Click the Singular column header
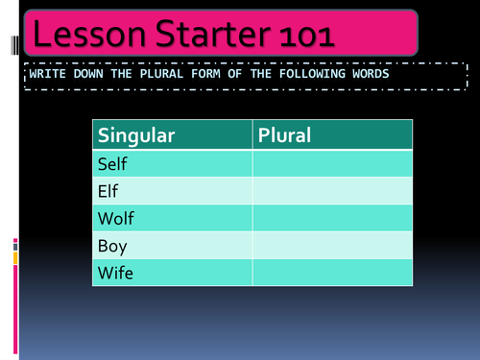136,135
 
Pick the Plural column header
284,135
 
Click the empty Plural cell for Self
332,164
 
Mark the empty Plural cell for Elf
332,191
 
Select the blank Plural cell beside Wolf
332,219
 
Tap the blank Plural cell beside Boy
332,246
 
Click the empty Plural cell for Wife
332,273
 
